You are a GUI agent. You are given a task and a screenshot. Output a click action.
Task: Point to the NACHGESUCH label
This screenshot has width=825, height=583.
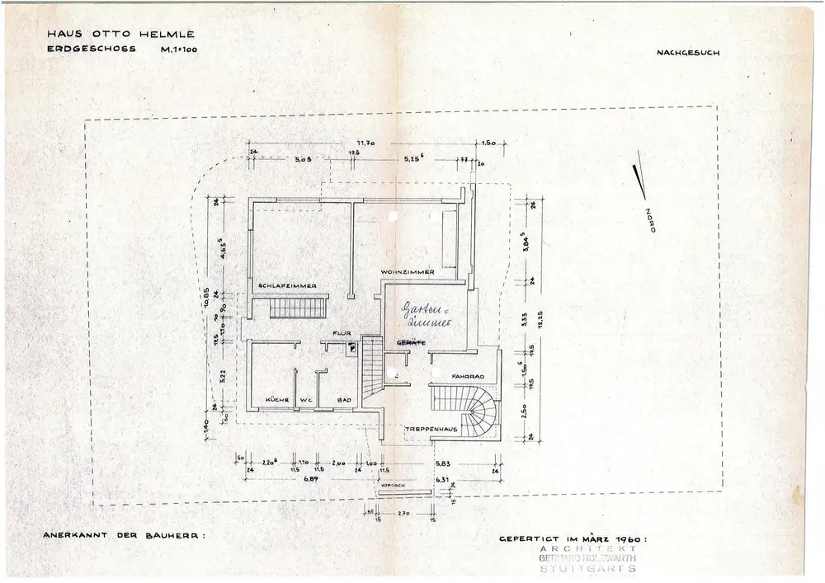click(x=688, y=53)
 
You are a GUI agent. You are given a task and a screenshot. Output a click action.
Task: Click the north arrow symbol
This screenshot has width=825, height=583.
click(x=638, y=181)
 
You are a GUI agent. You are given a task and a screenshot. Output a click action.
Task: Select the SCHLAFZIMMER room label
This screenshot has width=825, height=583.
click(x=288, y=286)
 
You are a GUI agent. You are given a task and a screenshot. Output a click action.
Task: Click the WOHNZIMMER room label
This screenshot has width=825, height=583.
click(x=408, y=271)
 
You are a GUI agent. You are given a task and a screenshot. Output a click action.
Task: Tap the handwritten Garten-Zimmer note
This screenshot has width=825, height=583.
click(x=424, y=317)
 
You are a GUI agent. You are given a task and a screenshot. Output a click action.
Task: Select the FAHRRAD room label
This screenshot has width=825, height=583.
click(x=466, y=377)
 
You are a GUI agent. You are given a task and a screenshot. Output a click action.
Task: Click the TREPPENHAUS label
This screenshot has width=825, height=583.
click(x=426, y=430)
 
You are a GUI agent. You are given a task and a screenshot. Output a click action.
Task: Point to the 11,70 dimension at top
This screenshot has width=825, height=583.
click(x=366, y=143)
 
